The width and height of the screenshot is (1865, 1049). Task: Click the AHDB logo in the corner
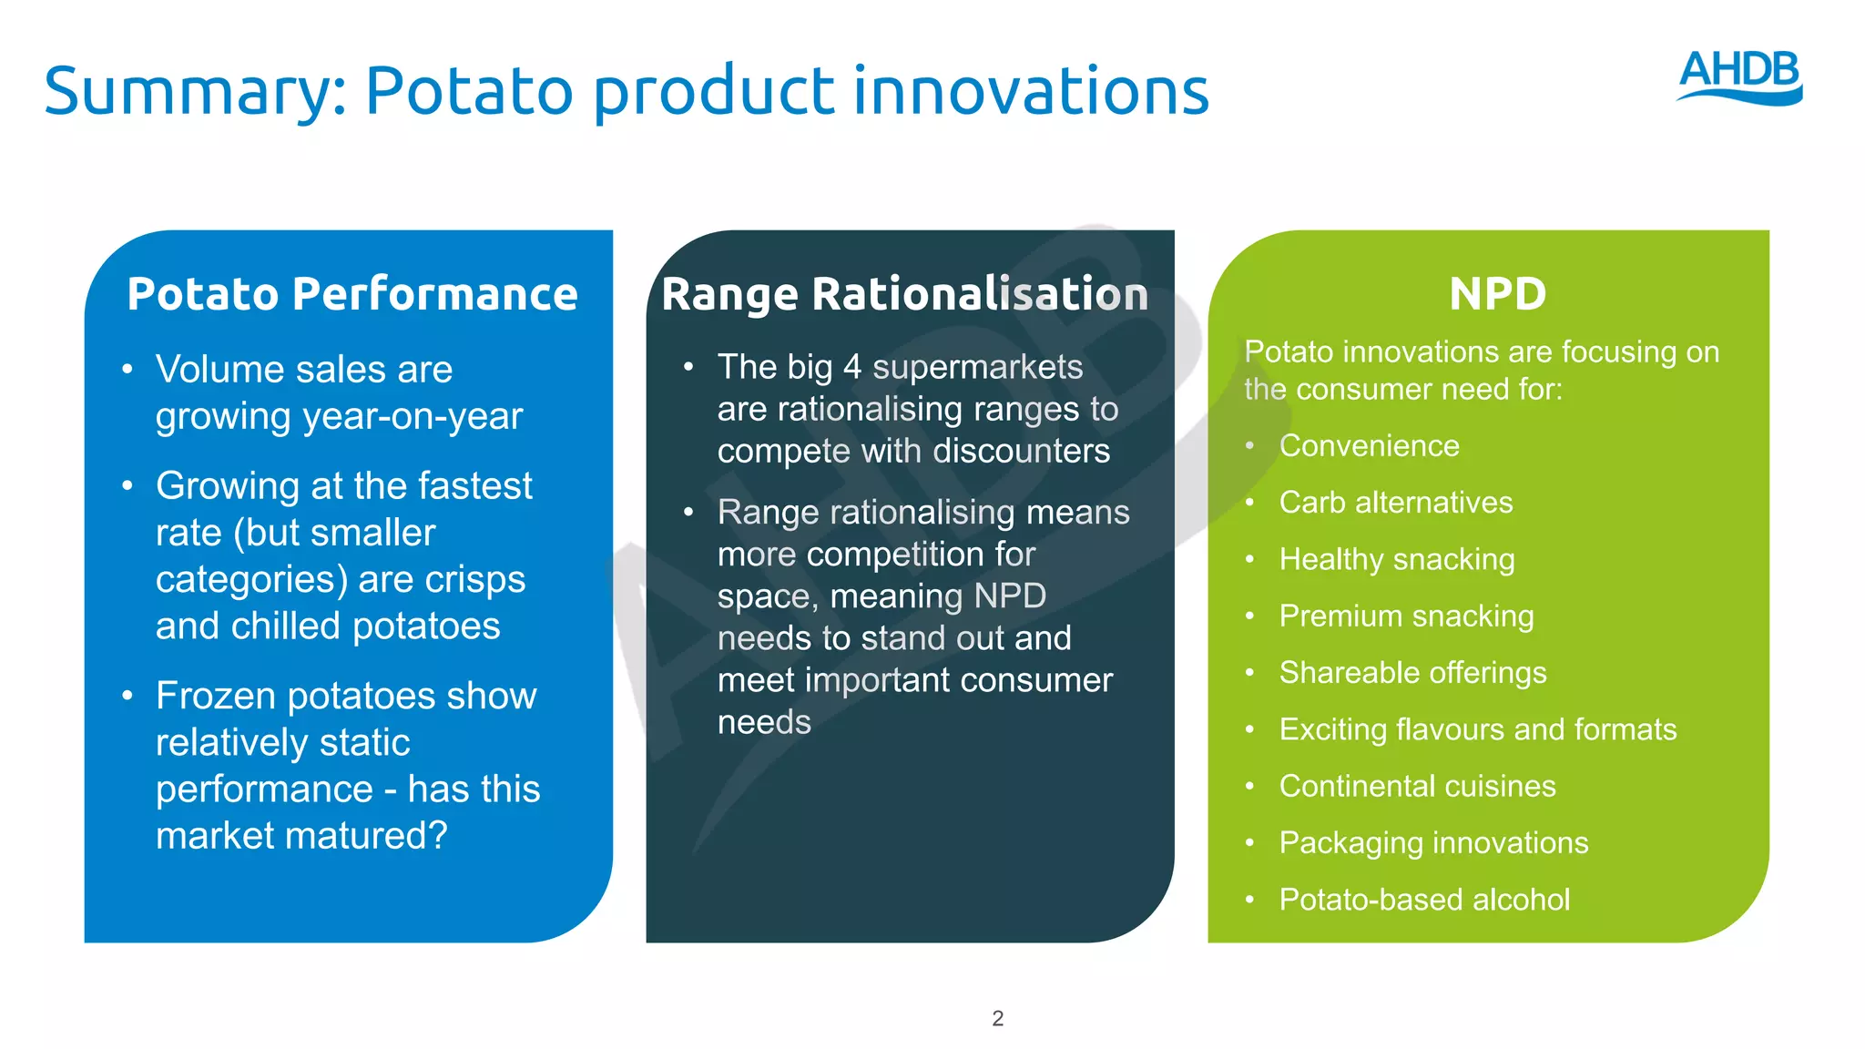tap(1739, 76)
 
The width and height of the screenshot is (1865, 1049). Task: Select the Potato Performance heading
tap(352, 294)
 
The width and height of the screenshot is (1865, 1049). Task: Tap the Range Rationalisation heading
tap(904, 295)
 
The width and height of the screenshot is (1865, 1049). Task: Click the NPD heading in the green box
tap(1497, 294)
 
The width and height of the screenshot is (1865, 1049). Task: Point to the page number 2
tap(997, 1018)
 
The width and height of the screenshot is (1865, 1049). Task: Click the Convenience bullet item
tap(1369, 446)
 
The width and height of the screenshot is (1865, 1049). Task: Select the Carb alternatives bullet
tap(1395, 503)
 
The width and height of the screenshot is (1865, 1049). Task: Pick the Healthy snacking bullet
tap(1396, 559)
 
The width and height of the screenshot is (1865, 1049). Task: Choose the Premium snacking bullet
tap(1406, 616)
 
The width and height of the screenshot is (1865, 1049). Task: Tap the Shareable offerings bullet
tap(1412, 673)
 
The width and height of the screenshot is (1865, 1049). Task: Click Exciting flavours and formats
tap(1477, 729)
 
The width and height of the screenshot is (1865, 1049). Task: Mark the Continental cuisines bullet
tap(1417, 786)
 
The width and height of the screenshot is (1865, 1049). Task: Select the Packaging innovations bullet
tap(1433, 843)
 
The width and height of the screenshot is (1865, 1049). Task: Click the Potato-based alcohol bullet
tap(1424, 900)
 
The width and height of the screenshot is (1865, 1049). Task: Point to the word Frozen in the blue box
tap(216, 696)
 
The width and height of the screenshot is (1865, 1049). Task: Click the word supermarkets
tap(977, 367)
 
